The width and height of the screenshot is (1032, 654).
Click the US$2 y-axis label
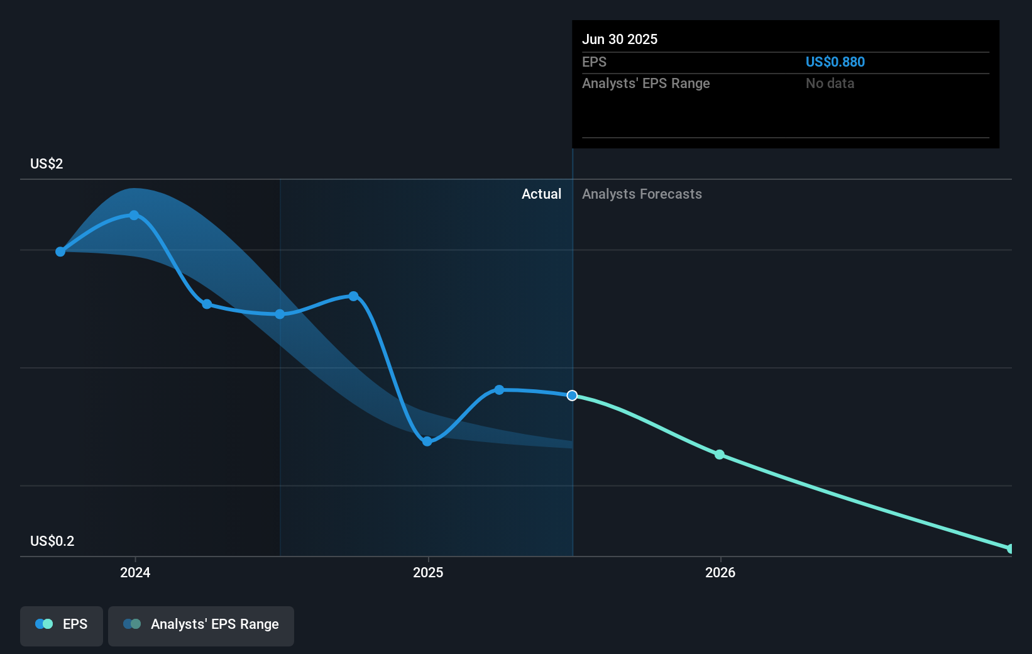click(x=47, y=164)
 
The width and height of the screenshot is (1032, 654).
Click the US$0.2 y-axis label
click(x=52, y=541)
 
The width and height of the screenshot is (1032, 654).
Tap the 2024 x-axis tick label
click(x=135, y=573)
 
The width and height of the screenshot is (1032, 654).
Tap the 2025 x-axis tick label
click(x=428, y=573)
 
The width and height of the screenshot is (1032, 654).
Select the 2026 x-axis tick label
click(x=720, y=573)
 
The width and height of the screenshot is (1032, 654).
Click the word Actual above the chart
click(x=541, y=194)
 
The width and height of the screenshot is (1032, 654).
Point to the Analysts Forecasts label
click(x=642, y=194)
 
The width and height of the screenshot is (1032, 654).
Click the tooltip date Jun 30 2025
click(x=620, y=40)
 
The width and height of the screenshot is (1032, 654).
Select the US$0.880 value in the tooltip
click(x=835, y=62)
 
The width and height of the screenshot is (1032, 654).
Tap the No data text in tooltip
click(x=830, y=84)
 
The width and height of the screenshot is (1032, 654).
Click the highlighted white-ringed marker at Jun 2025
click(x=572, y=396)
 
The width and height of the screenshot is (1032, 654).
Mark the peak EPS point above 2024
click(x=134, y=215)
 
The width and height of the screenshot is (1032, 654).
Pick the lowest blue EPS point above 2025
click(x=427, y=441)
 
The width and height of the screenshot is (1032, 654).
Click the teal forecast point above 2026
click(x=720, y=455)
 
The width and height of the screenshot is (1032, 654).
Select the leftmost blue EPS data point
click(x=60, y=252)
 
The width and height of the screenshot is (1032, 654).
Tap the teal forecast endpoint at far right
click(x=1010, y=549)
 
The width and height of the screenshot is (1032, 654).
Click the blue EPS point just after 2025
click(x=499, y=390)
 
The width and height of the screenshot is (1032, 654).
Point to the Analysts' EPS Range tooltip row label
click(x=645, y=84)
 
